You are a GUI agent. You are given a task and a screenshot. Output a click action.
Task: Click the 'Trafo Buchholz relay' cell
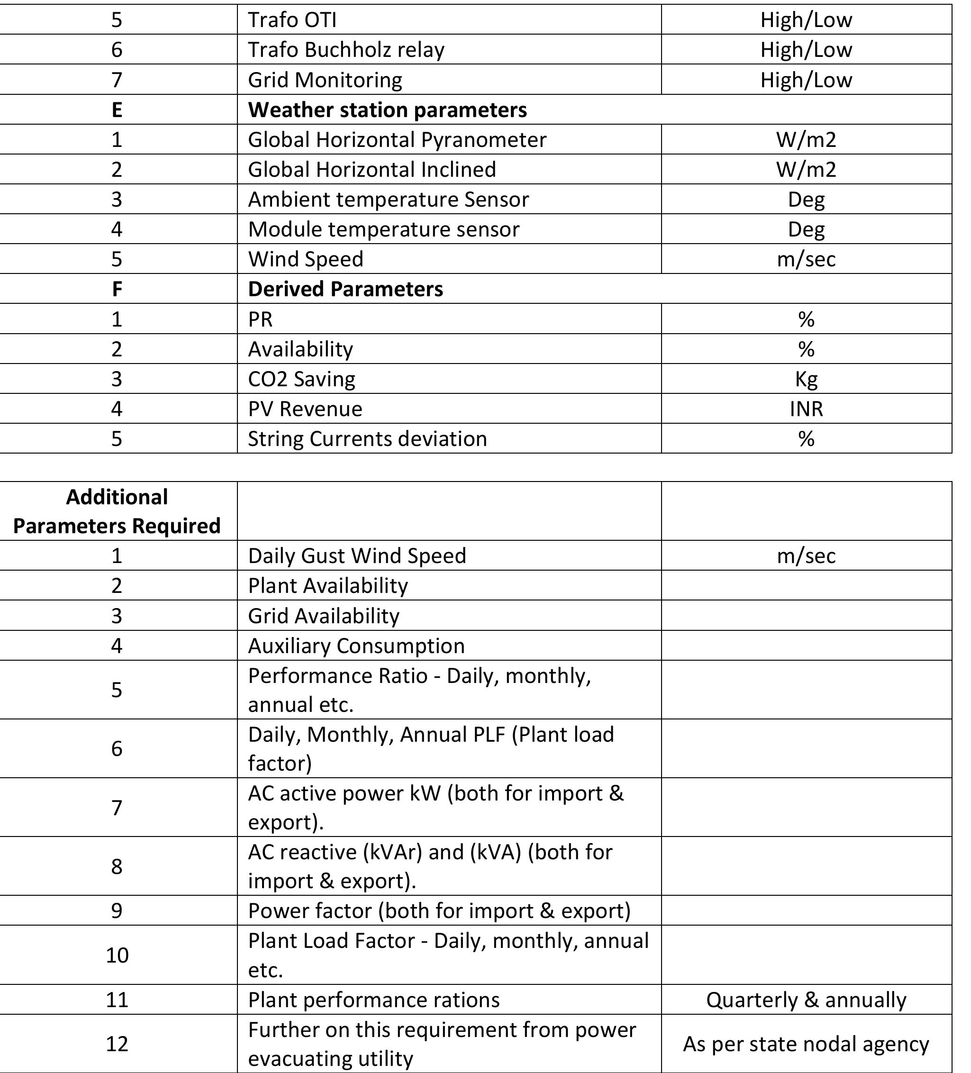click(x=346, y=49)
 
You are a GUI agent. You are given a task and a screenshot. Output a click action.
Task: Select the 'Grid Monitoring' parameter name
click(x=325, y=80)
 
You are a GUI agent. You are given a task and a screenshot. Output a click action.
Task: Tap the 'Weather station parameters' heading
click(x=387, y=109)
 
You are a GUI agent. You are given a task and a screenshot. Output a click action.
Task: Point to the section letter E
click(x=117, y=109)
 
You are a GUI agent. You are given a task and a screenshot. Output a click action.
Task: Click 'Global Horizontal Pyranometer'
click(x=397, y=139)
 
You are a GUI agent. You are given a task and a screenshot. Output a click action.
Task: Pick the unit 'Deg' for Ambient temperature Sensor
click(x=806, y=200)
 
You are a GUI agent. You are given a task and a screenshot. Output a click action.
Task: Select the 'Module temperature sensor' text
click(x=383, y=229)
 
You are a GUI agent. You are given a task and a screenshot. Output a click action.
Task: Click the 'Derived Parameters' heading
click(x=345, y=289)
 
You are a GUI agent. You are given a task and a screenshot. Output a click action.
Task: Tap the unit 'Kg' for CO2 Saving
click(x=806, y=379)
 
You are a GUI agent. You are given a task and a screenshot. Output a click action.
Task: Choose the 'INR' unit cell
click(x=806, y=409)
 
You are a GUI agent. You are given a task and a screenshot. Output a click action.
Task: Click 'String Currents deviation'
click(x=367, y=439)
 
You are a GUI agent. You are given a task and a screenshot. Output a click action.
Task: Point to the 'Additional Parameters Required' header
click(x=117, y=511)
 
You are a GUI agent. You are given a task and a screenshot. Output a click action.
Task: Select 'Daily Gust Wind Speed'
click(x=357, y=555)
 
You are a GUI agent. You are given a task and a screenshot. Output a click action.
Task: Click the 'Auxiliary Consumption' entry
click(x=356, y=646)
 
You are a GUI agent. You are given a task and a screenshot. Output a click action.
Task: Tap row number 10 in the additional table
click(x=117, y=955)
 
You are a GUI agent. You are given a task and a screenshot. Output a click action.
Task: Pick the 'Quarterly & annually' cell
click(x=806, y=1000)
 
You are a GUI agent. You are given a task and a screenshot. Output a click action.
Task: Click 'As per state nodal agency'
click(x=806, y=1044)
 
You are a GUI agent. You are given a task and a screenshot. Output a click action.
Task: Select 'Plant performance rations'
click(x=373, y=1000)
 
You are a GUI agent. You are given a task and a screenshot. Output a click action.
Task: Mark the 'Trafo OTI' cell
click(x=292, y=20)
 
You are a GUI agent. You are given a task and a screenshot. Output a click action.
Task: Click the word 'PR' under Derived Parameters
click(x=260, y=319)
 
